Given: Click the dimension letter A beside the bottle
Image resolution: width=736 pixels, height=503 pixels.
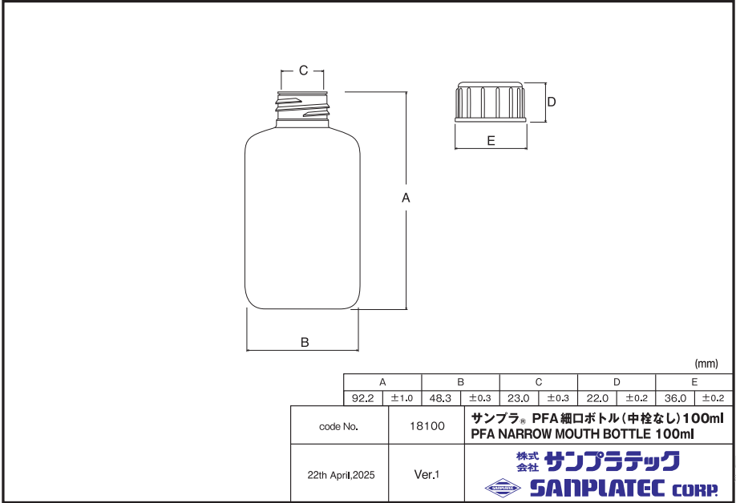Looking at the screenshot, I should (x=406, y=198).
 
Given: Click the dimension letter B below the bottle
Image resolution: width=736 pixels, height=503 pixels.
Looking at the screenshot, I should (x=305, y=342).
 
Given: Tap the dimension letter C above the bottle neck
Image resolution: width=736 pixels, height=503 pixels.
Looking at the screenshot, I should (x=303, y=70).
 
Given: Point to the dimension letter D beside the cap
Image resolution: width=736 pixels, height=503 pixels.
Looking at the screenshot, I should (x=552, y=102).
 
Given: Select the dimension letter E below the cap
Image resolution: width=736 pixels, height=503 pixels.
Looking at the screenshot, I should (x=491, y=140).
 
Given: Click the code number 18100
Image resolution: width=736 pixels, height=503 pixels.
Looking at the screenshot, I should (x=427, y=426).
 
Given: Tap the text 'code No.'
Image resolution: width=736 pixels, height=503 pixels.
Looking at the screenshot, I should (x=338, y=427).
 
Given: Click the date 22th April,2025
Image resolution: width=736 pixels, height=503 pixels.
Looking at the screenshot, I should (x=341, y=474).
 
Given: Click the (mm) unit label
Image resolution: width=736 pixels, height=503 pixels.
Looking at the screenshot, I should (x=707, y=362).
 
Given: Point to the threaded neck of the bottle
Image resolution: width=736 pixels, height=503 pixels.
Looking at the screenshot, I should (x=303, y=107).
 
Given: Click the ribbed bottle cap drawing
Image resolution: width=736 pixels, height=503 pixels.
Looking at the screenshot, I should (x=491, y=101).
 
